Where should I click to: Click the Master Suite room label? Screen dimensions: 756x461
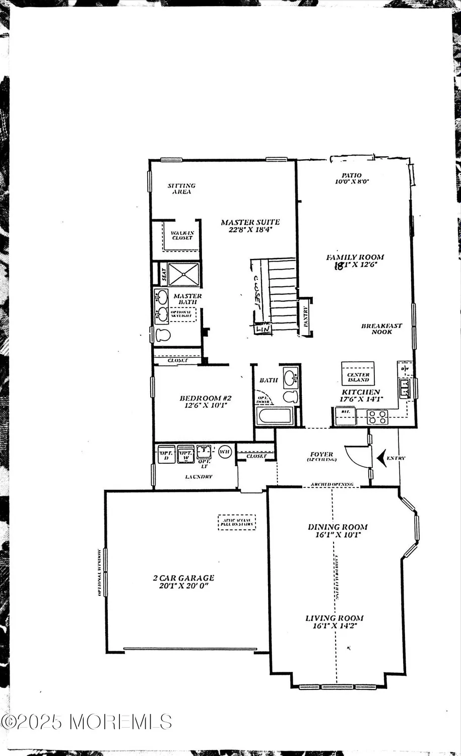[x=250, y=222]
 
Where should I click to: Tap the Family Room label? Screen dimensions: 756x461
[x=355, y=258]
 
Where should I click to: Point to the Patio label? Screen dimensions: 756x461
[x=351, y=175]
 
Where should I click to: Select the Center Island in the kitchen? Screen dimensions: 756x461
[x=358, y=374]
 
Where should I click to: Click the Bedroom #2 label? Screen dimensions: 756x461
[x=206, y=398]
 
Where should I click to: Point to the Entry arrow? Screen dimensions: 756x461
[x=381, y=458]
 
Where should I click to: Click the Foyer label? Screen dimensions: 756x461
[x=321, y=455]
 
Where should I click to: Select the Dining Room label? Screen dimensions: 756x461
[x=338, y=527]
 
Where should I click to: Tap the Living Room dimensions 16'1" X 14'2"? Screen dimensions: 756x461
[x=335, y=626]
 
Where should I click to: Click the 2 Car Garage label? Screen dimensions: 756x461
[x=183, y=578]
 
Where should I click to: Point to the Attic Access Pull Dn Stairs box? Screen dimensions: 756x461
[x=237, y=522]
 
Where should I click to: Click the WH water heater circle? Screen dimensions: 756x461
[x=225, y=452]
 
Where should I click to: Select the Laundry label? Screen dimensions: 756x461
[x=199, y=476]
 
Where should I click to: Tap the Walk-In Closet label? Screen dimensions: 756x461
[x=182, y=235]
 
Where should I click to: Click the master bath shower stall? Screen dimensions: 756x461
[x=183, y=274]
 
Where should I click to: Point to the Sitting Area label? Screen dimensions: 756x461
[x=181, y=188]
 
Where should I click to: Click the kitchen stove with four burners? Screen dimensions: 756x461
[x=377, y=417]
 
